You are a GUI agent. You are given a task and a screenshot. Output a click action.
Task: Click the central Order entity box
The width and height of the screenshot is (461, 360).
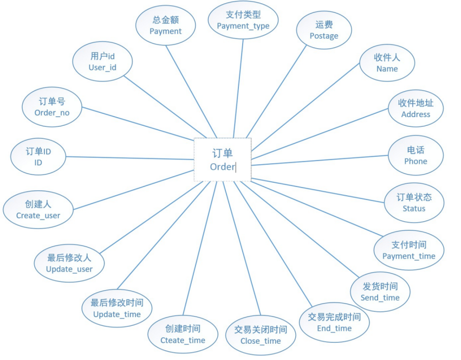[x=222, y=159]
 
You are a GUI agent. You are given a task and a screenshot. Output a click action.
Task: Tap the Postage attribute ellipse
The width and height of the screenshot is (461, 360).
[x=324, y=30]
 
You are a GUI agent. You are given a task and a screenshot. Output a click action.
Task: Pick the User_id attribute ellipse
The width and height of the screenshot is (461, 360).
[x=102, y=62]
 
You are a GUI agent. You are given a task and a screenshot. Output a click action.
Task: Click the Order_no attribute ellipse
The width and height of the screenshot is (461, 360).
[x=52, y=107]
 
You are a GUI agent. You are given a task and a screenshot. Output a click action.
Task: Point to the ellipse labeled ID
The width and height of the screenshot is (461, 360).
[x=38, y=156]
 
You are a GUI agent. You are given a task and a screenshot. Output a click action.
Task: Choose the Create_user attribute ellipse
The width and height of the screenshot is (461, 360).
[x=38, y=209]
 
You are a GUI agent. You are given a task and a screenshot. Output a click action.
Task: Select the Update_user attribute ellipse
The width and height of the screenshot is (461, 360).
[x=69, y=263]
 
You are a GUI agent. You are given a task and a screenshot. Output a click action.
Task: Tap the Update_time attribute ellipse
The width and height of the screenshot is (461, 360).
[x=117, y=308]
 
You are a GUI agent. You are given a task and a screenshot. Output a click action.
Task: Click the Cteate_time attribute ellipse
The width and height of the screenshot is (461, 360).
[x=183, y=334]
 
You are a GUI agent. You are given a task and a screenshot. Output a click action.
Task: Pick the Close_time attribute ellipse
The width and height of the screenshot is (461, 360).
[x=261, y=335]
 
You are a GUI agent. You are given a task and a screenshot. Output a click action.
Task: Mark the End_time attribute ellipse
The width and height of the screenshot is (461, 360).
[x=334, y=323]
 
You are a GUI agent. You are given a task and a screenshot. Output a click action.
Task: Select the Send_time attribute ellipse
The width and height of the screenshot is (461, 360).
[x=380, y=292]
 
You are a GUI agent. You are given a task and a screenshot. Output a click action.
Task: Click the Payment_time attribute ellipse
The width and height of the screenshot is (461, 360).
[x=409, y=250]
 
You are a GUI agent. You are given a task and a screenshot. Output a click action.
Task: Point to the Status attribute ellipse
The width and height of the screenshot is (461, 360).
[x=414, y=203]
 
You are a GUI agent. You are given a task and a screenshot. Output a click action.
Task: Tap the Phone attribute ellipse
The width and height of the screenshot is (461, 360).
[x=415, y=156]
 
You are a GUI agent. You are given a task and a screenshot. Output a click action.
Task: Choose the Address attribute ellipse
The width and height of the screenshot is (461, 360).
[x=415, y=108]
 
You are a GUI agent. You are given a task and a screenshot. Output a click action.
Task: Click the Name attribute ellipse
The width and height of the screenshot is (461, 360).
[x=387, y=63]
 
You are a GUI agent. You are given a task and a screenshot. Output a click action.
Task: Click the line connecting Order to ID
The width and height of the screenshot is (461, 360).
[x=130, y=158]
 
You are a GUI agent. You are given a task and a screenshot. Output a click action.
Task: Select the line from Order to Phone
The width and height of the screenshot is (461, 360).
[x=320, y=160]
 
